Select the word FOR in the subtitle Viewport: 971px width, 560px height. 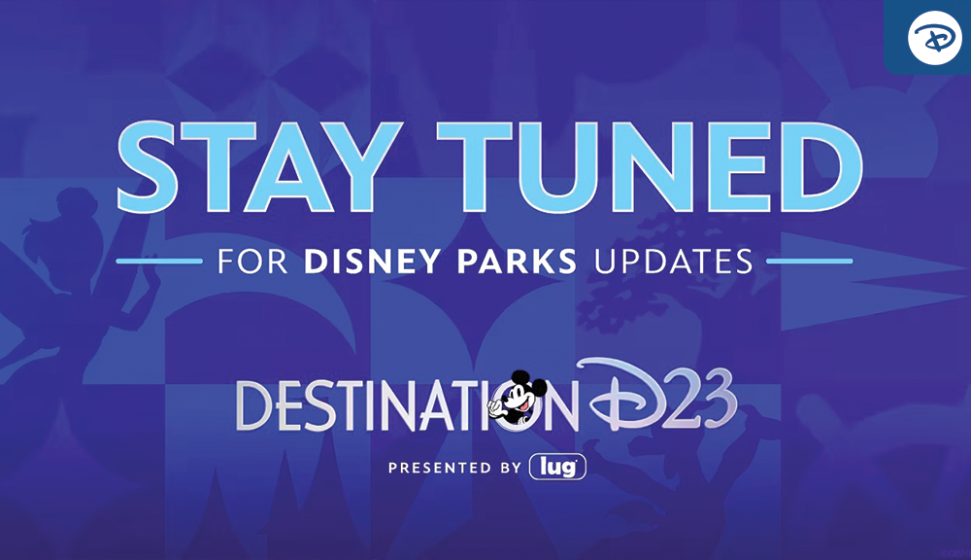coord(252,262)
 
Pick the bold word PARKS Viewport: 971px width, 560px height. coord(517,262)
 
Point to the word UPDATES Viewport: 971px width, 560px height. coord(674,262)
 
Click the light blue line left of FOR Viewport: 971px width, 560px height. coord(159,262)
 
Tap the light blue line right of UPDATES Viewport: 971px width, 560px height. coord(810,262)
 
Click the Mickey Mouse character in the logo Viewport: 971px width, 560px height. coord(517,398)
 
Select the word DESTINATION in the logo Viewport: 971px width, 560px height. coord(407,405)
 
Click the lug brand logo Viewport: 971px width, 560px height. coord(557,467)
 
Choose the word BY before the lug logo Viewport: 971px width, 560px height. coord(511,468)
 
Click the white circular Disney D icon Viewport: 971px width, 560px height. coord(934,37)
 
